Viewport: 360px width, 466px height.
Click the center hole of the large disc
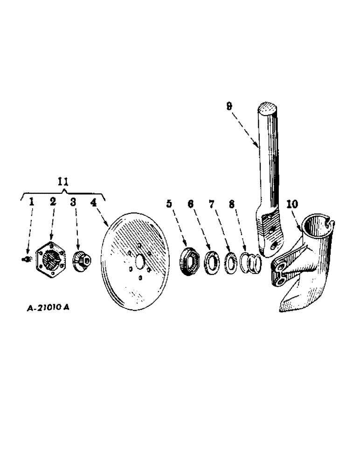pyautogui.click(x=138, y=262)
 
